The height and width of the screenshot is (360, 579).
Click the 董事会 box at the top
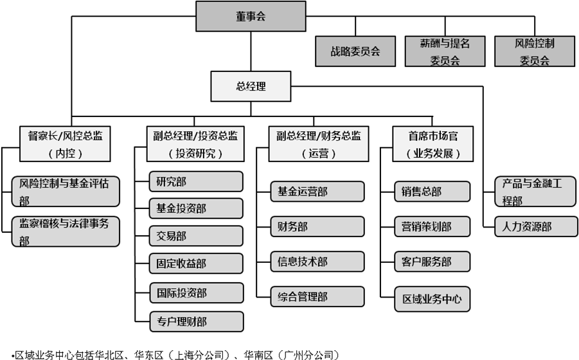click(251, 16)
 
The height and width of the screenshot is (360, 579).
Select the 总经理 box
click(251, 86)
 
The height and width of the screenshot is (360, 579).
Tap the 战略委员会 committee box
click(355, 51)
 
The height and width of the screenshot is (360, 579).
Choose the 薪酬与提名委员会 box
click(445, 51)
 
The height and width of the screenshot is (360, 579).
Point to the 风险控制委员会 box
click(535, 51)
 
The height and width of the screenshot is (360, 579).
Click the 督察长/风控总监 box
click(65, 144)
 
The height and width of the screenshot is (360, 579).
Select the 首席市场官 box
click(432, 144)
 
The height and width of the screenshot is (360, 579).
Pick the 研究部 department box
click(196, 182)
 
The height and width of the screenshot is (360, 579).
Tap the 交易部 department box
click(196, 236)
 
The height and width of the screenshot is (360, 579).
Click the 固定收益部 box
click(196, 264)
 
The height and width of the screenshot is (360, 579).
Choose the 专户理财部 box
click(197, 321)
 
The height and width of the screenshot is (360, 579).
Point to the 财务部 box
click(317, 226)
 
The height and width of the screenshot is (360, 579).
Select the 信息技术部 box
click(317, 262)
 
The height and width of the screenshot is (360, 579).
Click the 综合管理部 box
click(317, 296)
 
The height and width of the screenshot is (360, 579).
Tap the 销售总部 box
click(432, 192)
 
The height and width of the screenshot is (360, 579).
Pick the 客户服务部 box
click(432, 262)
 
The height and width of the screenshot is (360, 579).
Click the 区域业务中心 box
click(432, 299)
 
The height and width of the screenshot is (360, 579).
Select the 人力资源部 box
click(536, 226)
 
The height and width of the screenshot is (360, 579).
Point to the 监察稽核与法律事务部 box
click(66, 231)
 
